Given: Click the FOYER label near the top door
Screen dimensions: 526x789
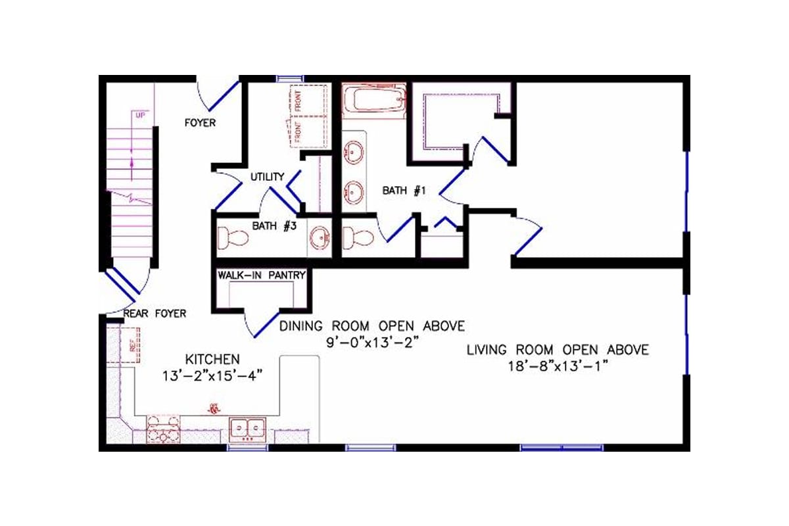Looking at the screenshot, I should [199, 123].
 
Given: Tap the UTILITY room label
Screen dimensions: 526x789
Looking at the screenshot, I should [267, 177].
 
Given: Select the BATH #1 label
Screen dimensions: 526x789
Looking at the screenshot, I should [405, 191].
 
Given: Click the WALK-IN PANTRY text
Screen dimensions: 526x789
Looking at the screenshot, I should [262, 275].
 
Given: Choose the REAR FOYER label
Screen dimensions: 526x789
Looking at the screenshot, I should [155, 314].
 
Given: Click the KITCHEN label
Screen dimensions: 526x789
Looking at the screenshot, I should [212, 359].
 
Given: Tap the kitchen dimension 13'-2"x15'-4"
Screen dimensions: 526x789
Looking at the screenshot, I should [212, 376].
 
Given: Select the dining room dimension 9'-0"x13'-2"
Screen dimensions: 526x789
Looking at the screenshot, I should [372, 343].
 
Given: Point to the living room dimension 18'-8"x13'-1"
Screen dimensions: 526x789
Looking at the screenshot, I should [557, 367].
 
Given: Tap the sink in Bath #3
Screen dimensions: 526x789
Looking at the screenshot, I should [320, 236].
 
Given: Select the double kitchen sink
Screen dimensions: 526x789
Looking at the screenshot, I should [247, 428].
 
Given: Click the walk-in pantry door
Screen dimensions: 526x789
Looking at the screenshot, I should [262, 323].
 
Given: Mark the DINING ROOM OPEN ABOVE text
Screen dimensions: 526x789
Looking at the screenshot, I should [372, 325].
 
